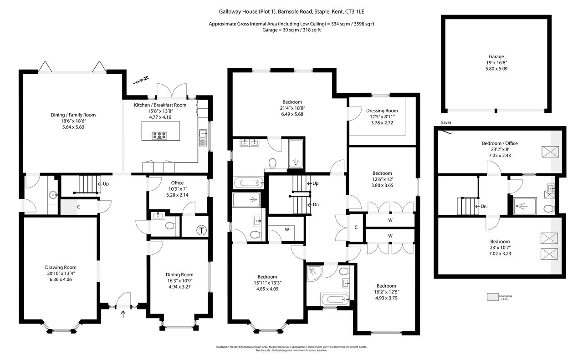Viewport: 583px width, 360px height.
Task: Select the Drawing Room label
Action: (x=61, y=267)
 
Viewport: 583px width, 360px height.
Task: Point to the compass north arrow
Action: (x=142, y=81)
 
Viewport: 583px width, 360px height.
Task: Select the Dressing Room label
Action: (x=382, y=111)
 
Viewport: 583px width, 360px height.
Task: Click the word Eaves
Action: (x=446, y=122)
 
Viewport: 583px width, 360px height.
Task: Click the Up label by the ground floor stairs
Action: (x=105, y=184)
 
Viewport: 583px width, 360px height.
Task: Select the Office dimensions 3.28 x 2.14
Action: (x=177, y=195)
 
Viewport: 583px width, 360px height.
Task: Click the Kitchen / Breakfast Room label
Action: (x=160, y=105)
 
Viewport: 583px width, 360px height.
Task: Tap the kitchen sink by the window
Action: (x=203, y=135)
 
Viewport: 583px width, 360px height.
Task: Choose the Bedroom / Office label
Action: (x=500, y=143)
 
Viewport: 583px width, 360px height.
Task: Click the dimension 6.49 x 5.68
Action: (x=292, y=114)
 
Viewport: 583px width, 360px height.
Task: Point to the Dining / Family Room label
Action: (x=73, y=115)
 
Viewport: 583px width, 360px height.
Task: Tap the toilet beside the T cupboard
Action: (x=169, y=225)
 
